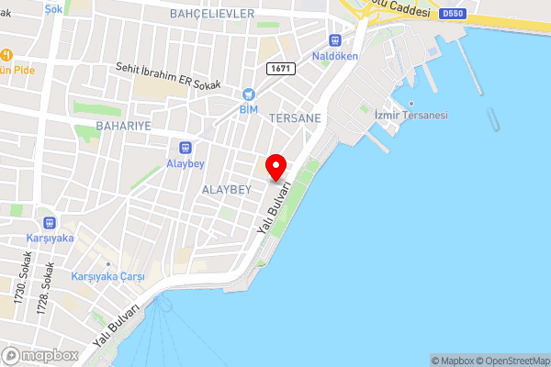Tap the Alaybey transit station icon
pyautogui.click(x=186, y=148)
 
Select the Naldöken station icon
pyautogui.click(x=335, y=40)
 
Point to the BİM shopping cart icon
pyautogui.click(x=248, y=94)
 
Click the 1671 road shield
pyautogui.click(x=280, y=69)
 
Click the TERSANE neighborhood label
pyautogui.click(x=295, y=118)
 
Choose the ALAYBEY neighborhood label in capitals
pyautogui.click(x=226, y=188)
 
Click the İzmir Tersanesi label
pyautogui.click(x=410, y=116)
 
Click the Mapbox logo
pyautogui.click(x=40, y=355)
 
